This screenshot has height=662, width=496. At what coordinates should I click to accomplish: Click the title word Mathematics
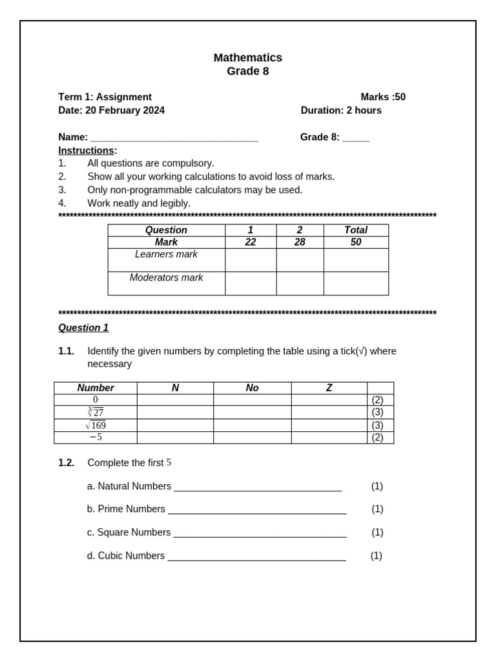(x=247, y=58)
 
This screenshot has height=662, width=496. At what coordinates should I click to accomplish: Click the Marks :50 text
(x=383, y=97)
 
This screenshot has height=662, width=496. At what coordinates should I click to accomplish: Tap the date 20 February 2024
(x=125, y=111)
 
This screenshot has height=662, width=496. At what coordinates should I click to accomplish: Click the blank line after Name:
(x=174, y=138)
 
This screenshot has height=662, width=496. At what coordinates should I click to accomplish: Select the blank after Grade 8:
(x=355, y=138)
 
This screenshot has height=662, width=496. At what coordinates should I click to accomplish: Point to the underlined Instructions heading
(x=87, y=151)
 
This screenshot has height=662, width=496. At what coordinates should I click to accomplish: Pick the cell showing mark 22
(x=251, y=242)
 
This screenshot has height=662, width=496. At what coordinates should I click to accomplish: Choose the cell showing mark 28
(x=300, y=242)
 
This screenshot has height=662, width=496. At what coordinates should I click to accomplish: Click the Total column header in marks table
(x=356, y=230)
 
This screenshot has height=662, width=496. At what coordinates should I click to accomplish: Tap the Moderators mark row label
(x=166, y=278)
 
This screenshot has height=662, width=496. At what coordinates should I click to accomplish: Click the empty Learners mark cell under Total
(x=356, y=260)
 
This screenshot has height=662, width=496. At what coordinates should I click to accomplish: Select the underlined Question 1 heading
(x=83, y=328)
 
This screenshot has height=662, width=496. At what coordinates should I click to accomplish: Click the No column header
(x=252, y=388)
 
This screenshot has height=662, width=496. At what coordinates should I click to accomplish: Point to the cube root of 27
(x=96, y=412)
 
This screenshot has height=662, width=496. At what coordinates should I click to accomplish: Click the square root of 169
(x=96, y=425)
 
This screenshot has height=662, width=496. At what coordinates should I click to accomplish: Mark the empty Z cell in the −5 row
(x=329, y=438)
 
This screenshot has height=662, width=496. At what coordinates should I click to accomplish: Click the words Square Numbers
(x=134, y=533)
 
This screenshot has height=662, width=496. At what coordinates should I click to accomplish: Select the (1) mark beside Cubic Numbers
(x=377, y=556)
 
